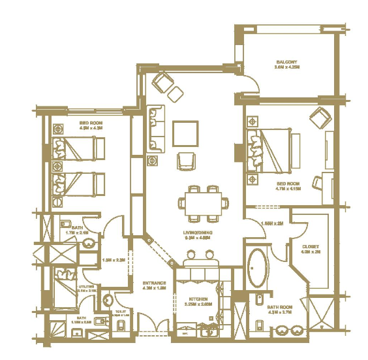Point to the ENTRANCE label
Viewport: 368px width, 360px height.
154,284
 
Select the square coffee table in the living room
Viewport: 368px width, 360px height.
185,134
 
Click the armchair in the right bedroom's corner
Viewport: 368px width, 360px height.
320,119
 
